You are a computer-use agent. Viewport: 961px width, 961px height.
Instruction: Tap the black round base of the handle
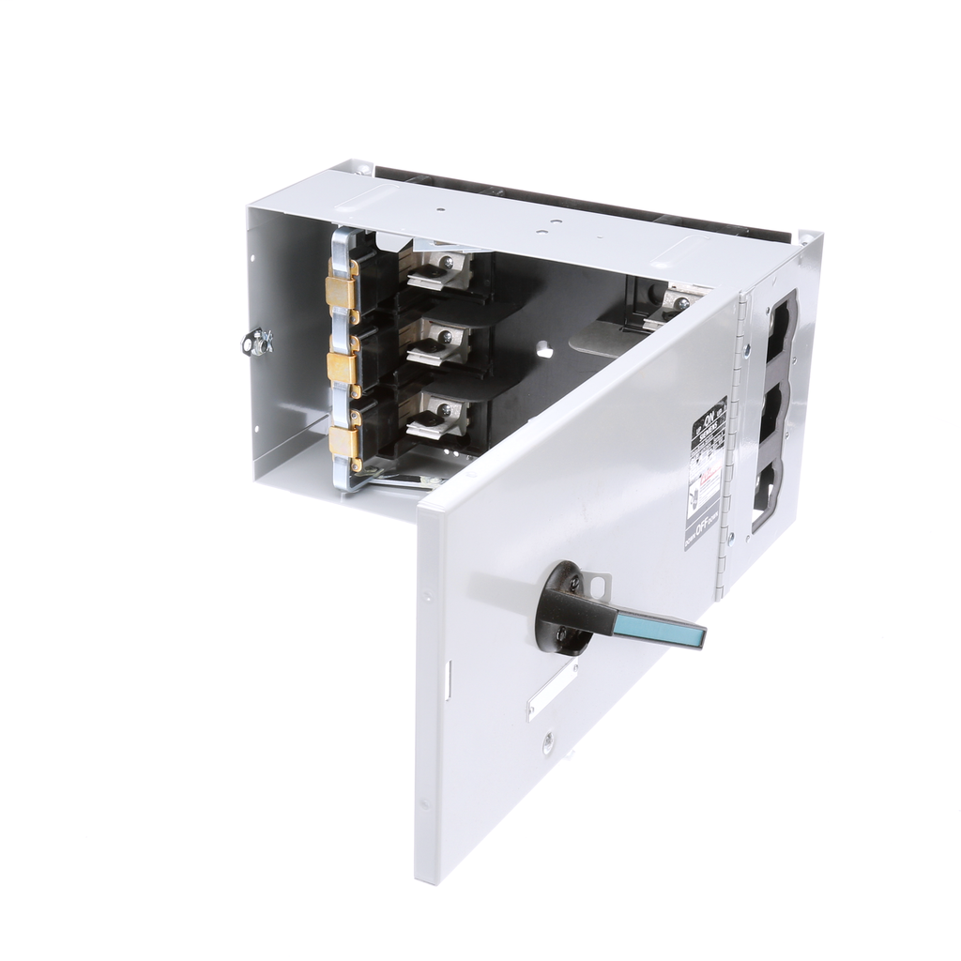click(561, 609)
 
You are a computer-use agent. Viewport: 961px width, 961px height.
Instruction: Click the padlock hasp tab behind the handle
click(599, 585)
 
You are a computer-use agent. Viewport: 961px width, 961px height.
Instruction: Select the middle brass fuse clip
click(342, 369)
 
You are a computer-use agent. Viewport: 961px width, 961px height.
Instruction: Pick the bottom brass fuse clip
click(343, 441)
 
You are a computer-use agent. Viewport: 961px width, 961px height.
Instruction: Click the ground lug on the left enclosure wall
click(255, 343)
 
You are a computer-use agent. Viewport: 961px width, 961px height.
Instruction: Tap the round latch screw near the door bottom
click(548, 748)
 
